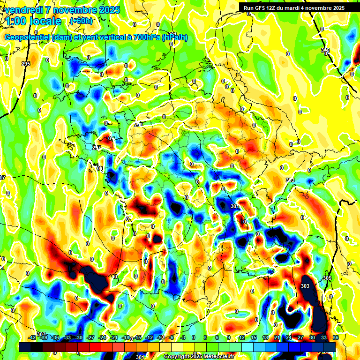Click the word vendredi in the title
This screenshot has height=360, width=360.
[x=24, y=10]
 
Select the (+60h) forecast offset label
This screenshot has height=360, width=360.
[x=81, y=21]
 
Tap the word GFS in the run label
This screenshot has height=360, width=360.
[x=260, y=8]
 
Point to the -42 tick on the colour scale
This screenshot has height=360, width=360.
[x=32, y=337]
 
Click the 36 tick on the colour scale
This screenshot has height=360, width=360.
[x=335, y=337]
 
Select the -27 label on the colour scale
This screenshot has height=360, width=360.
[x=91, y=337]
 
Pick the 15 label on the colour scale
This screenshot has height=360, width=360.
[x=253, y=337]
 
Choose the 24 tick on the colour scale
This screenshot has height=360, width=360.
[x=288, y=337]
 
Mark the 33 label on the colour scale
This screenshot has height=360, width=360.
[x=323, y=337]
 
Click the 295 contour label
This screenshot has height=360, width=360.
[x=26, y=64]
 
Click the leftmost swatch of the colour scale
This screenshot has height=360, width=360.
[x=25, y=347]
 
